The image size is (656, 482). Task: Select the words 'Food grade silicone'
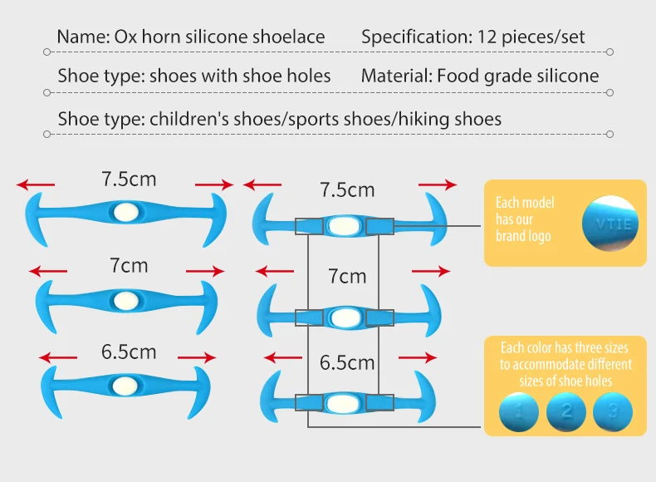518,76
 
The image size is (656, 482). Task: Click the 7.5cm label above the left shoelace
129,179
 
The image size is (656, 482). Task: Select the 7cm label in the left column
129,266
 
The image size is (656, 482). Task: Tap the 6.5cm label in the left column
129,352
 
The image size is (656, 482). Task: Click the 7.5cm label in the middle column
347,190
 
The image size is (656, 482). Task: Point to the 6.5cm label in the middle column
347,363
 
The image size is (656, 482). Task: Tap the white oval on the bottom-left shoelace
127,386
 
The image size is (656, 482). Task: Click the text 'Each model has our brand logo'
525,219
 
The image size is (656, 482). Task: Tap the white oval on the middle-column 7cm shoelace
343,317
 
